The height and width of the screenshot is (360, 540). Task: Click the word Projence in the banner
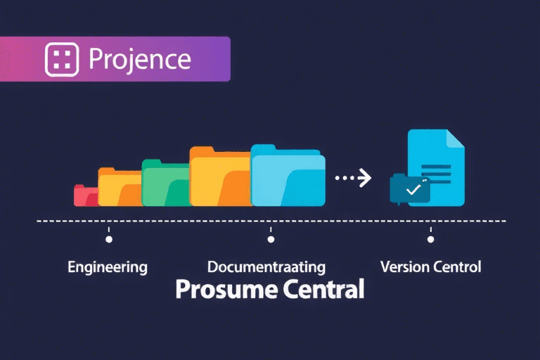pos(140,60)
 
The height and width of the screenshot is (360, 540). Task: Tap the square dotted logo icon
pos(61,60)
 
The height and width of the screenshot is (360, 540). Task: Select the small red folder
pos(84,196)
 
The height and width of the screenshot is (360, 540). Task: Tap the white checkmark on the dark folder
pos(413,189)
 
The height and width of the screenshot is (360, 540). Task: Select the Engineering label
pos(108,267)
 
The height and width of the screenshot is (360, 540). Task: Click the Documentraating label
pos(266,267)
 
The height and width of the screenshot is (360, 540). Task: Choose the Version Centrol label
pos(430,267)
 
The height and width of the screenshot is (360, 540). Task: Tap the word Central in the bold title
pos(324,289)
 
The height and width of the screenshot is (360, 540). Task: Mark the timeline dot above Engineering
pos(108,239)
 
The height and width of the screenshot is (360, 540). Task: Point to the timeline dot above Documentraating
pos(271,239)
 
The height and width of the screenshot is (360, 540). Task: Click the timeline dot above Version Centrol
pos(430,239)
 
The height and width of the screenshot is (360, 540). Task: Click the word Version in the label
pos(403,267)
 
